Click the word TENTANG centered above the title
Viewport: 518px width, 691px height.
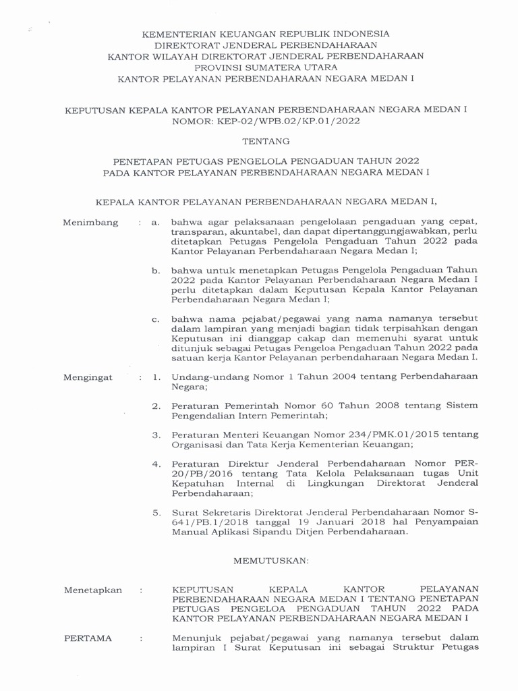265,142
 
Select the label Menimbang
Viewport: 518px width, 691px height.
90,222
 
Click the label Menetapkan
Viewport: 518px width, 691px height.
93,590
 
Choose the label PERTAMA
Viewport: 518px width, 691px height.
88,638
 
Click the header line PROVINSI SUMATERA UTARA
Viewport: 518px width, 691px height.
266,67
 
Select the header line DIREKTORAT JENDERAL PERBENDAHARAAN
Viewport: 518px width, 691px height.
266,45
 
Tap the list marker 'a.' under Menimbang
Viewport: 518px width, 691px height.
155,222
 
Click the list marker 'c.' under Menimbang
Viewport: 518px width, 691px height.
155,319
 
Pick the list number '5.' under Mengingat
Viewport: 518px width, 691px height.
156,513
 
